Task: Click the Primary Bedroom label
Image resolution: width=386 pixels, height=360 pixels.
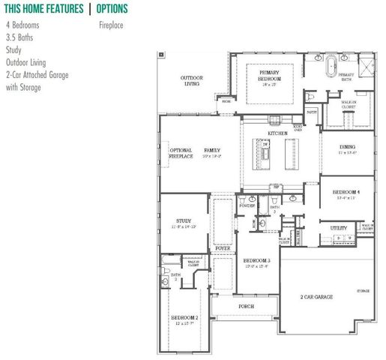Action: point(271,76)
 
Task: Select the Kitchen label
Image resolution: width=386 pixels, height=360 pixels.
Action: point(277,133)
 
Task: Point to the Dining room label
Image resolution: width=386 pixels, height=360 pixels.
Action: point(346,148)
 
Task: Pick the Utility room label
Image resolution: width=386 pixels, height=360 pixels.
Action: point(338,227)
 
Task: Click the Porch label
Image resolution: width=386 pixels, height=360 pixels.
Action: point(245,306)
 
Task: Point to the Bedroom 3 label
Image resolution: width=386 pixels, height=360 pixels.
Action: point(258,260)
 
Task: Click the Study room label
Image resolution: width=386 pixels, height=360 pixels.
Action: point(183,220)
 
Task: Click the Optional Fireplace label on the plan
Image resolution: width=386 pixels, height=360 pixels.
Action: point(181,154)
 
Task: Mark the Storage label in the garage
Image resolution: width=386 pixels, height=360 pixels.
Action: point(364,290)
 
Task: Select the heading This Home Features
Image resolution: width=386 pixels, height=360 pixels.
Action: point(43,9)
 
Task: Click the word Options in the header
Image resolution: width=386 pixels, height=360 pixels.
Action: point(112,9)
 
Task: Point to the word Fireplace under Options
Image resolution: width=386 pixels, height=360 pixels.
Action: point(111,25)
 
